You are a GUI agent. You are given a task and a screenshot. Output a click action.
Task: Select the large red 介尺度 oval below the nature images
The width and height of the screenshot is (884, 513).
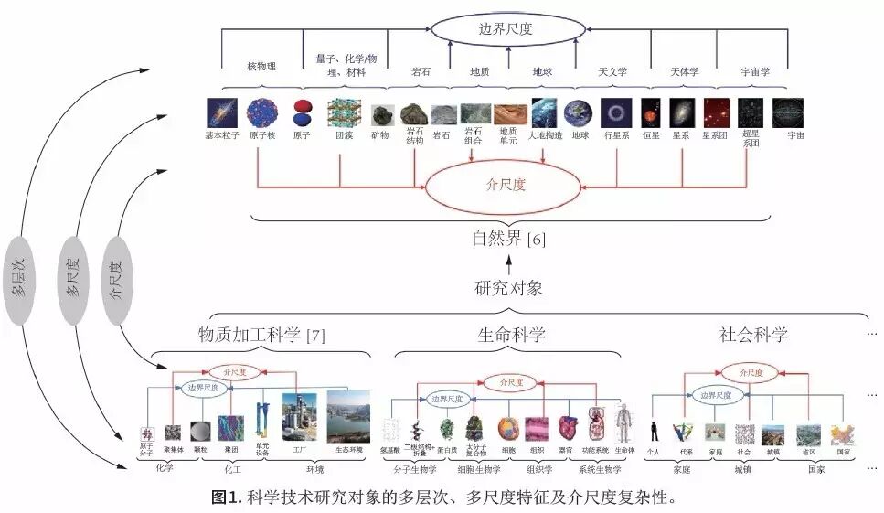(504, 183)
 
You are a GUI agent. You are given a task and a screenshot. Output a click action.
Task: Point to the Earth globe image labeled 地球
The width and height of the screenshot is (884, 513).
(578, 112)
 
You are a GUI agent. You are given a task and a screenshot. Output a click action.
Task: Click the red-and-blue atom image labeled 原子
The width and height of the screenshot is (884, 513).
(302, 113)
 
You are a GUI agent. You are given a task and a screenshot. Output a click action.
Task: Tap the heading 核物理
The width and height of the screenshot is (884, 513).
(262, 66)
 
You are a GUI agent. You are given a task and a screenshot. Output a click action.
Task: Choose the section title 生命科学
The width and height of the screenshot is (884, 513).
(511, 335)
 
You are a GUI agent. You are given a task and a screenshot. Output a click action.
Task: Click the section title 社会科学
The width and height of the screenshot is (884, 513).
(752, 335)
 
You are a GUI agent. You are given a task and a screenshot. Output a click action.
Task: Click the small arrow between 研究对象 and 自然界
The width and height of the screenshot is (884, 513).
(509, 264)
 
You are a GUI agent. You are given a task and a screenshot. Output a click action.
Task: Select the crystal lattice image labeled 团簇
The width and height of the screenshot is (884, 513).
(344, 113)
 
